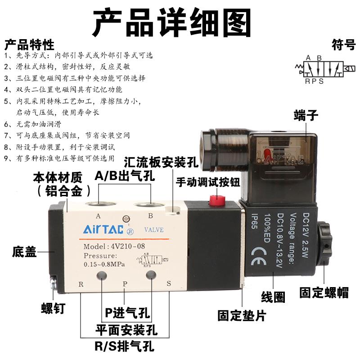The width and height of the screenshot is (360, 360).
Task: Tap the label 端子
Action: [x=306, y=115]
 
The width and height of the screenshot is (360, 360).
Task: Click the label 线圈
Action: [x=273, y=297]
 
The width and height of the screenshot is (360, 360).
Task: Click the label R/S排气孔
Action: [x=124, y=347]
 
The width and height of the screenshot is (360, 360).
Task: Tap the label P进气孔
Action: [x=127, y=312]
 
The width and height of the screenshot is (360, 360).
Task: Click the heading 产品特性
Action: [x=29, y=45]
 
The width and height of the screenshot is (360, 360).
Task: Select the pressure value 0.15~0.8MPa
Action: [x=104, y=264]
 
